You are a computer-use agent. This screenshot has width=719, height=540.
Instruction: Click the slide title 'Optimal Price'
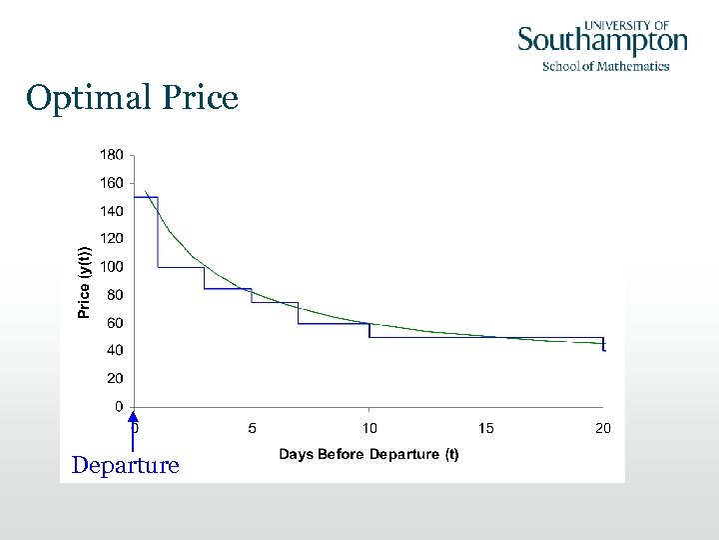pos(133,98)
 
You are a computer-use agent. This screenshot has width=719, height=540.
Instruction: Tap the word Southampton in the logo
pos(602,41)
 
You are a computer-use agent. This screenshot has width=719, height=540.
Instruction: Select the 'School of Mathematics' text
pos(605,66)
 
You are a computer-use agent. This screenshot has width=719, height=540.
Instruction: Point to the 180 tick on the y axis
pos(111,155)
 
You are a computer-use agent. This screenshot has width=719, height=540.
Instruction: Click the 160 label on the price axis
pos(111,183)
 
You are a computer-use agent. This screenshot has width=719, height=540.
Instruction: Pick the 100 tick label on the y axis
pos(111,267)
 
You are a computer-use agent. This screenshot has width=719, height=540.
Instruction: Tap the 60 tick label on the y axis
pos(114,323)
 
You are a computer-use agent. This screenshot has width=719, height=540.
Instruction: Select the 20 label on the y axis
pos(114,379)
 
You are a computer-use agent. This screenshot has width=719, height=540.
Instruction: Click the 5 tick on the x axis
pos(252,428)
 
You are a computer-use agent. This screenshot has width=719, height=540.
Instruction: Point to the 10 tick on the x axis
pos(368,428)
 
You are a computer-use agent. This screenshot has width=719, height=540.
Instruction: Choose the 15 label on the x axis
pos(485,428)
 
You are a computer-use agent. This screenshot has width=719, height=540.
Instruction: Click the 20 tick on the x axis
pos(602,428)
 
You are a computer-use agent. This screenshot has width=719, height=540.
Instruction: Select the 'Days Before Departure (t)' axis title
pos(368,455)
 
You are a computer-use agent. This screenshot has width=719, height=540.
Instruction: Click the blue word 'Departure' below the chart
pos(126,466)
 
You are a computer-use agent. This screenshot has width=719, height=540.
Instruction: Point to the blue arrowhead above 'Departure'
pos(134,419)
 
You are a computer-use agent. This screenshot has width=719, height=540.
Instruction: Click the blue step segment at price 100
pos(181,267)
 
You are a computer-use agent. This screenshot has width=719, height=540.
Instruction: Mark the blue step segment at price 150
pos(146,197)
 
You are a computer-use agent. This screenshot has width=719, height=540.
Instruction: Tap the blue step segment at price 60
pos(334,323)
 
